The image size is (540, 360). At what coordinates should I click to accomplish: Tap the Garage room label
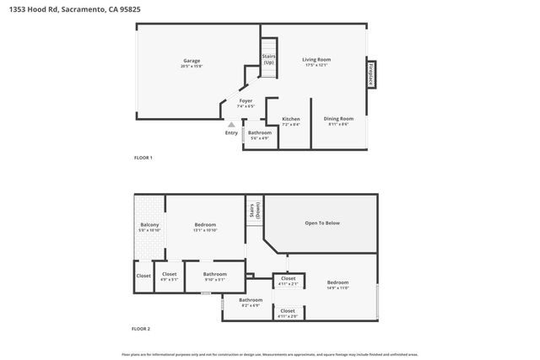click(x=192, y=62)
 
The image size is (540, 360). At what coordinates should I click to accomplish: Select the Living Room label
click(x=316, y=62)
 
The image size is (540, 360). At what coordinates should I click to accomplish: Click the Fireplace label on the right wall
click(x=370, y=74)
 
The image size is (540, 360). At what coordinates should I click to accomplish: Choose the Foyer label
click(x=246, y=103)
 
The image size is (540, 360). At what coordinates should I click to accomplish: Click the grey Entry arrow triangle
click(x=231, y=125)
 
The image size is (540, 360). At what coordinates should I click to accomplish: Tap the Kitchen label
click(x=290, y=121)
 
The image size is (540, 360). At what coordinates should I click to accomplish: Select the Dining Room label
click(x=338, y=121)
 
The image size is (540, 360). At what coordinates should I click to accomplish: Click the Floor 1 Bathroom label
click(x=259, y=134)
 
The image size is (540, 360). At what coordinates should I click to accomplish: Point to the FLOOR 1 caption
click(x=143, y=158)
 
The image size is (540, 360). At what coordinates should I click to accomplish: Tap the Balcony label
click(x=148, y=227)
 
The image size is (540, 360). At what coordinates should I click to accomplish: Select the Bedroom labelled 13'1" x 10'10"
click(x=205, y=227)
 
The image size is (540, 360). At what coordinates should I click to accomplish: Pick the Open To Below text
click(x=321, y=223)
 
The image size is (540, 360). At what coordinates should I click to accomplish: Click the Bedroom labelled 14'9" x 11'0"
click(x=337, y=285)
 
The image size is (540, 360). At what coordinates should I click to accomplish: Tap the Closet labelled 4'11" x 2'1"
click(x=288, y=281)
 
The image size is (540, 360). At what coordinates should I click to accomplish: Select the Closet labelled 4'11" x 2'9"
click(x=288, y=313)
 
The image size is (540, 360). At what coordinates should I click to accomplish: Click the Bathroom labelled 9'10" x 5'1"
click(x=214, y=276)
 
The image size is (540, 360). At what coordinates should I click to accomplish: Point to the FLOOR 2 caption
click(x=141, y=328)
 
